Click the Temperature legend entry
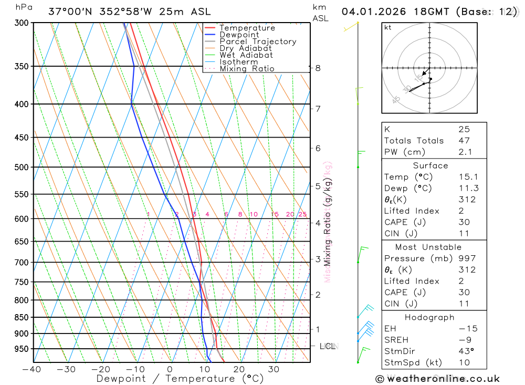pos(247,28)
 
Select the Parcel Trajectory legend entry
pos(258,41)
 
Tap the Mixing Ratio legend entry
pos(247,69)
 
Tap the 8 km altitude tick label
pos(318,68)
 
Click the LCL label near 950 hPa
pos(328,346)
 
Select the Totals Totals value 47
pos(464,141)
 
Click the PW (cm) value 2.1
pos(465,152)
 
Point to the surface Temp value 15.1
pos(468,177)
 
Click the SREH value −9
pos(464,340)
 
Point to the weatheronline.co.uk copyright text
pos(437,379)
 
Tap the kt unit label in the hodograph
pos(388,27)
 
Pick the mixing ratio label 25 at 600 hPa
pos(302,214)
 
